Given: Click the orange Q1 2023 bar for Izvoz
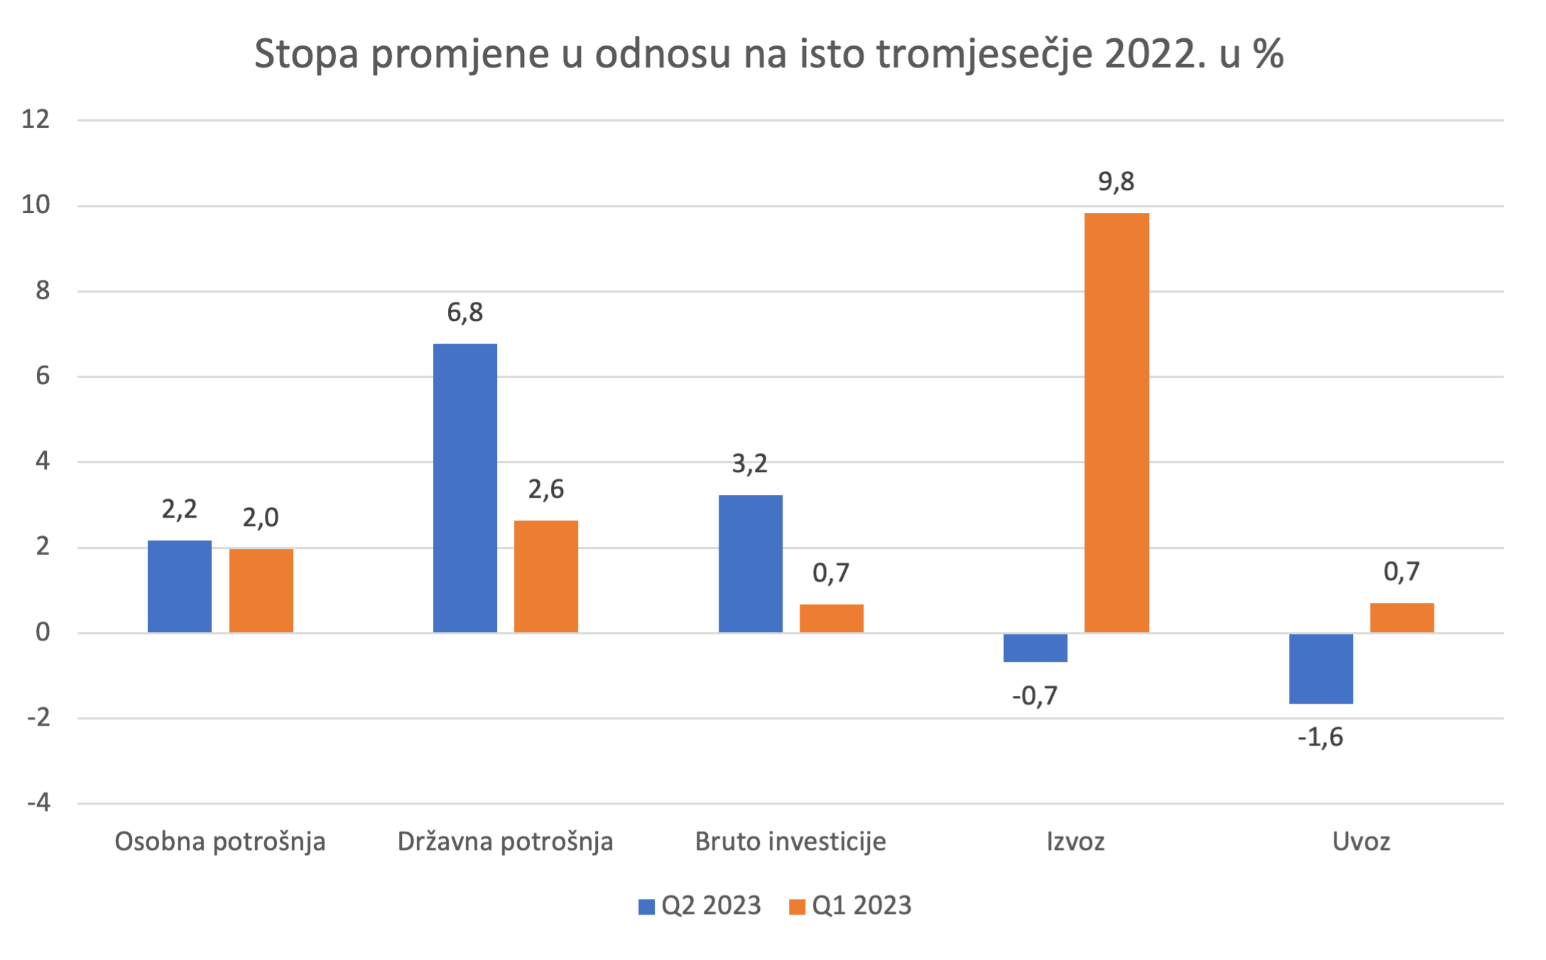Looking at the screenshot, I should pos(1116,422).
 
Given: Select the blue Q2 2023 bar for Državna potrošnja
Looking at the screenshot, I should pos(465,488).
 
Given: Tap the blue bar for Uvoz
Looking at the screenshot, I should pos(1321,668).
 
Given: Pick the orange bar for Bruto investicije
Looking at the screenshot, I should pos(832,618).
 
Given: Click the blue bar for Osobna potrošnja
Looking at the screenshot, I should pos(180,587).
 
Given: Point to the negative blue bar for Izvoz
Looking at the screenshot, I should pos(1035,648).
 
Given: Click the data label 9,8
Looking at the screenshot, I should pos(1116,182).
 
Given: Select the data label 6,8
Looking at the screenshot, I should pos(465,312).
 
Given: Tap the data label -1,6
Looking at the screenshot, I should pos(1320,738).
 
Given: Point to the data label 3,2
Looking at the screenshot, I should pos(750,464).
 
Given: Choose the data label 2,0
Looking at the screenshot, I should pos(261,518).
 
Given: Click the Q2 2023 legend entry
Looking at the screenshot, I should pos(700,906).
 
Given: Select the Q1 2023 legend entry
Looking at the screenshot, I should pos(851,906).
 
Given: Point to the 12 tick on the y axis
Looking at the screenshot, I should pos(36,119).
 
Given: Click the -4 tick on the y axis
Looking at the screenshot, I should pos(38,803).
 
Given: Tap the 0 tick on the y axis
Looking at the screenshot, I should pos(43,632).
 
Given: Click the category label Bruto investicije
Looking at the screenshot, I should pos(790,841).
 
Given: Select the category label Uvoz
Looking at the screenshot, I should pos(1361,841).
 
